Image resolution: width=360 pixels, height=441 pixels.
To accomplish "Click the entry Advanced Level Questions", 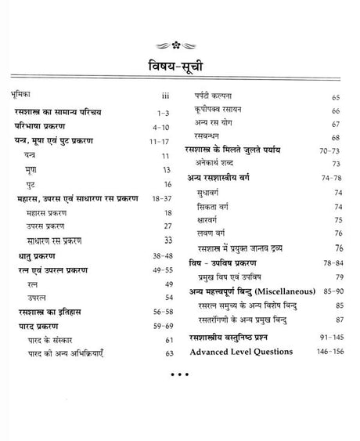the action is tap(241, 352).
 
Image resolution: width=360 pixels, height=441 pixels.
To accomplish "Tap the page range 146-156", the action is tap(328, 352).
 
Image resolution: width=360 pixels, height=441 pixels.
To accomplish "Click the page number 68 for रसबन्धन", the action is tap(336, 138).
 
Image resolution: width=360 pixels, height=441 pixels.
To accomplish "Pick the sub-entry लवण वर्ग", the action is tap(221, 233).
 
